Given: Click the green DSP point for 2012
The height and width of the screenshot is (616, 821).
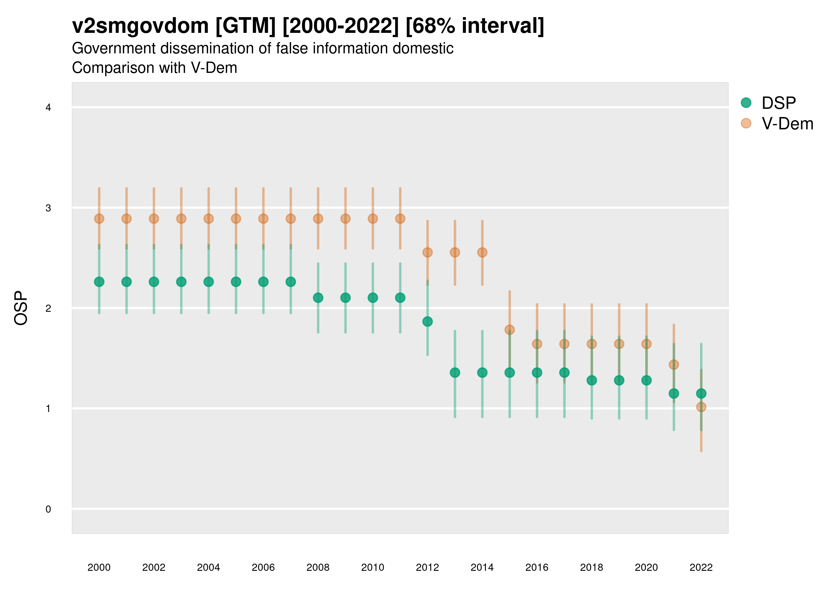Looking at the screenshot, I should (x=428, y=321).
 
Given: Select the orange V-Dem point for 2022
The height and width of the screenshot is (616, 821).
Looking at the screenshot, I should (x=701, y=407).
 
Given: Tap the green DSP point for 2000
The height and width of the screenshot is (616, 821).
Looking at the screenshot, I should (x=99, y=282).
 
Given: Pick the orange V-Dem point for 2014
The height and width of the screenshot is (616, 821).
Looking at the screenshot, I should (x=482, y=253).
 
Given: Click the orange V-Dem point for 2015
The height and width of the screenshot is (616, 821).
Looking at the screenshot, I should (x=510, y=330).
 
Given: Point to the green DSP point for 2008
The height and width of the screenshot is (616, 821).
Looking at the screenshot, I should (x=318, y=298).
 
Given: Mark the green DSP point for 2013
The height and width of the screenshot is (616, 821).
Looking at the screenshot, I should (x=455, y=372).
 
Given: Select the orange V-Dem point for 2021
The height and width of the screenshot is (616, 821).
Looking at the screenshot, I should (x=674, y=364).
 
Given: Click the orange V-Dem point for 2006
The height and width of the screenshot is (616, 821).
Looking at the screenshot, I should (x=263, y=219).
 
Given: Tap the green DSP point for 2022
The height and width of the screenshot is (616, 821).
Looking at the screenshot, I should (x=701, y=393).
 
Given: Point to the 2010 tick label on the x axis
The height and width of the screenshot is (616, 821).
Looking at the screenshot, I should (x=373, y=567).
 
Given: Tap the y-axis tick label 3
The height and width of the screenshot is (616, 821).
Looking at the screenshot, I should (x=48, y=208).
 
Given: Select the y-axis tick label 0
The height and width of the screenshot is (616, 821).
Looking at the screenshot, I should (x=48, y=509).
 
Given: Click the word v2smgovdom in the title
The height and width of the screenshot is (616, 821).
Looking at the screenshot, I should (x=140, y=26).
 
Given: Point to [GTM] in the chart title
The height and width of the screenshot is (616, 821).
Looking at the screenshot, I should (x=245, y=26).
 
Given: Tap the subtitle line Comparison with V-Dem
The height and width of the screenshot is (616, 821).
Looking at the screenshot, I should (x=154, y=68).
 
